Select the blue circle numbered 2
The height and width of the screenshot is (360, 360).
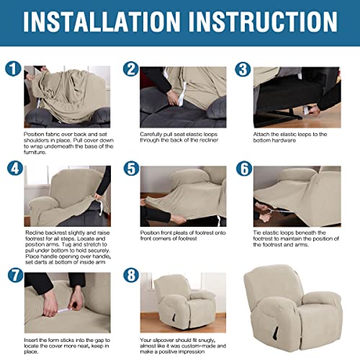pyautogui.click(x=130, y=70)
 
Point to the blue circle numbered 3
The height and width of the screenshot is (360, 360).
pyautogui.click(x=243, y=70)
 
